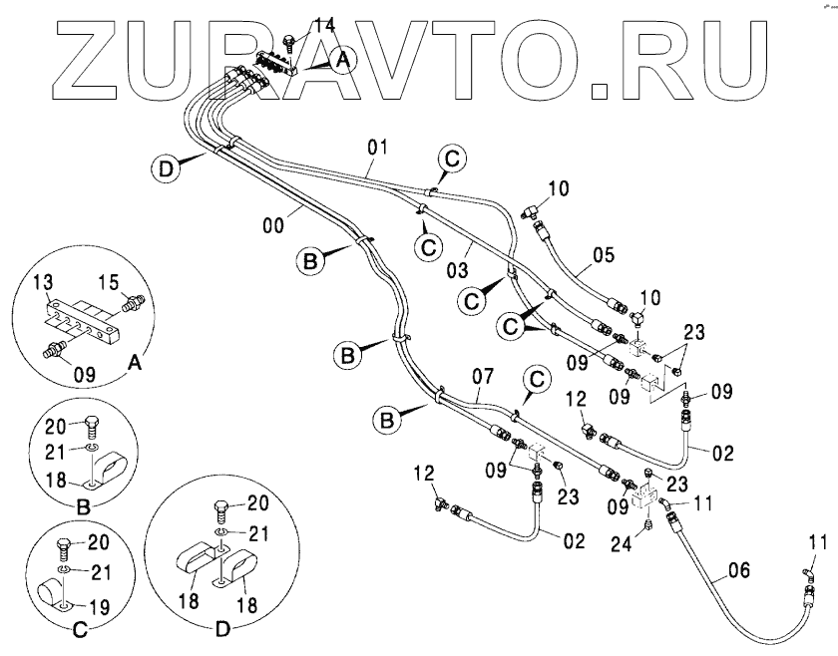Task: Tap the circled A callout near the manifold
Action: [x=342, y=60]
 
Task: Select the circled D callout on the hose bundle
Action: [x=169, y=167]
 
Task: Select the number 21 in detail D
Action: [x=258, y=533]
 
